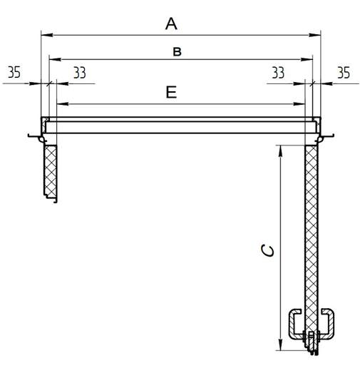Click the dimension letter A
click(171, 24)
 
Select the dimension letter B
click(177, 51)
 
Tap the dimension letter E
click(171, 92)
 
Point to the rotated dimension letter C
click(267, 250)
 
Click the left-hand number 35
click(14, 72)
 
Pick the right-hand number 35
click(344, 73)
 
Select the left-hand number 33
click(80, 73)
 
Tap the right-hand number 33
click(278, 73)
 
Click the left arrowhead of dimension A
click(47, 35)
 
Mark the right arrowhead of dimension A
click(315, 35)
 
